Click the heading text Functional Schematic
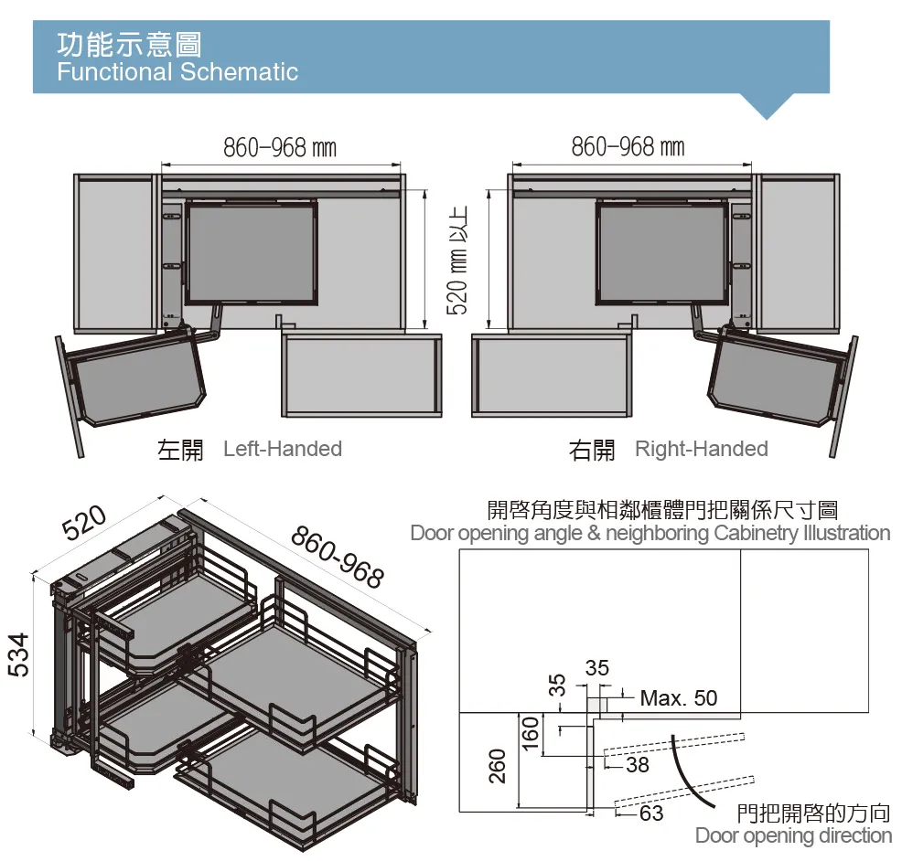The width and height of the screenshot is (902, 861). [x=177, y=72]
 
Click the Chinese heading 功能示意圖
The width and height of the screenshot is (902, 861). [x=128, y=43]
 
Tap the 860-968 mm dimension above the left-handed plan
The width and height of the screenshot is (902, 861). [x=280, y=147]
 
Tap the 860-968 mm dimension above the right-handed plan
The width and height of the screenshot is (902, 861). [x=628, y=146]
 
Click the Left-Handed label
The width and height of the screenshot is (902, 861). [x=282, y=449]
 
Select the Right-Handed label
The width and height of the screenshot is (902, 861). [x=701, y=449]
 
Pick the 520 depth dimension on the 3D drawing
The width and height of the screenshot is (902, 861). [x=85, y=523]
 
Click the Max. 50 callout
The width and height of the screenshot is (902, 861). [x=678, y=698]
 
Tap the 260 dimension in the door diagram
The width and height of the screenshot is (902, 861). [x=497, y=765]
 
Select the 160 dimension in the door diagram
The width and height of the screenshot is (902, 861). [x=529, y=734]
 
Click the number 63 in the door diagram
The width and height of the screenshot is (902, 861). [x=650, y=812]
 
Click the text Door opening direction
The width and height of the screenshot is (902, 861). [x=792, y=835]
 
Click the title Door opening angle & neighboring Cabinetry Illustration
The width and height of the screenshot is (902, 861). [x=650, y=532]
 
